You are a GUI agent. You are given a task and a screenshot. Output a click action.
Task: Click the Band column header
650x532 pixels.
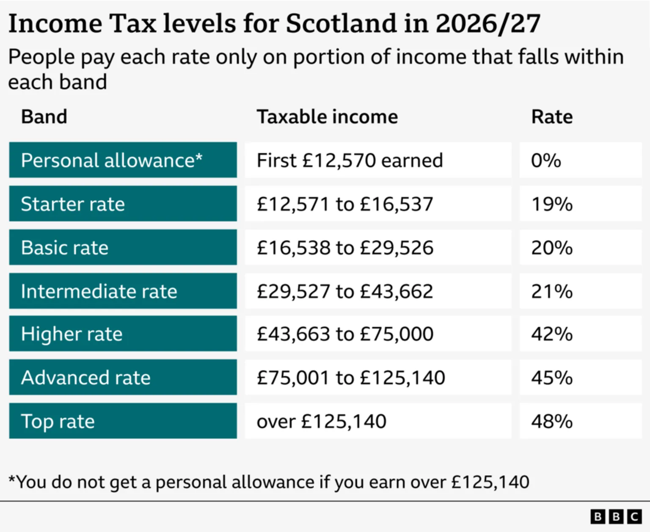(44, 117)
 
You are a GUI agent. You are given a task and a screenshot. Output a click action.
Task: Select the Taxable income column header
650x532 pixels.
(327, 117)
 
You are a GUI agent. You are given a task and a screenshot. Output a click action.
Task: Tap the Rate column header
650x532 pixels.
(552, 117)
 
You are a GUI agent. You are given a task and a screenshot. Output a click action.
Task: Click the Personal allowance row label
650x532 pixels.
(112, 160)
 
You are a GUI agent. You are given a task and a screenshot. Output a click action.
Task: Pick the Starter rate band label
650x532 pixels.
(73, 204)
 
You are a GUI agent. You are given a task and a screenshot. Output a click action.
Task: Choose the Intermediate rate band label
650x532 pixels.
(99, 291)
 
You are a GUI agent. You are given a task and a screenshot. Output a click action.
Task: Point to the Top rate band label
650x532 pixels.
(58, 421)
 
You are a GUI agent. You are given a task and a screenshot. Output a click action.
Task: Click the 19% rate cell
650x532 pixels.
(552, 204)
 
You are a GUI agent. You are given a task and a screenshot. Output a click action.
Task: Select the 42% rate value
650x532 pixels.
(552, 334)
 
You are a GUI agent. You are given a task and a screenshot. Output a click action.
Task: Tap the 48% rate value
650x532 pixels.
(552, 421)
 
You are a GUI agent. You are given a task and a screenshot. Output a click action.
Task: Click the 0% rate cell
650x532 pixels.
(546, 160)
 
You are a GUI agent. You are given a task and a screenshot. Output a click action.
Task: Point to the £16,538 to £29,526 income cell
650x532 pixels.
(345, 248)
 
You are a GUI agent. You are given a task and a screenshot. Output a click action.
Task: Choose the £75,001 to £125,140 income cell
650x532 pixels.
(351, 378)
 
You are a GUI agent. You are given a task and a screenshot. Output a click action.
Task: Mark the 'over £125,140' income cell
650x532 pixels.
(322, 421)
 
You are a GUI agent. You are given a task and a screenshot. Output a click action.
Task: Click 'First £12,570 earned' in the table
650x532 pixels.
(350, 160)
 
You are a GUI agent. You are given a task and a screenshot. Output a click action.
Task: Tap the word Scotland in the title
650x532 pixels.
(342, 23)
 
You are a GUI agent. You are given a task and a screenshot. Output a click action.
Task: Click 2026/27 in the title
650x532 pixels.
(487, 23)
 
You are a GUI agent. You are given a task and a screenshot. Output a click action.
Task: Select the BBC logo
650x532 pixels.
(616, 517)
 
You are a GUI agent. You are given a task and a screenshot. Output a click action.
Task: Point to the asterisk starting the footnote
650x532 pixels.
(12, 480)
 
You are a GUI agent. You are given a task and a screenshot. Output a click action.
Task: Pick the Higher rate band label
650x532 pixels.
(72, 334)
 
